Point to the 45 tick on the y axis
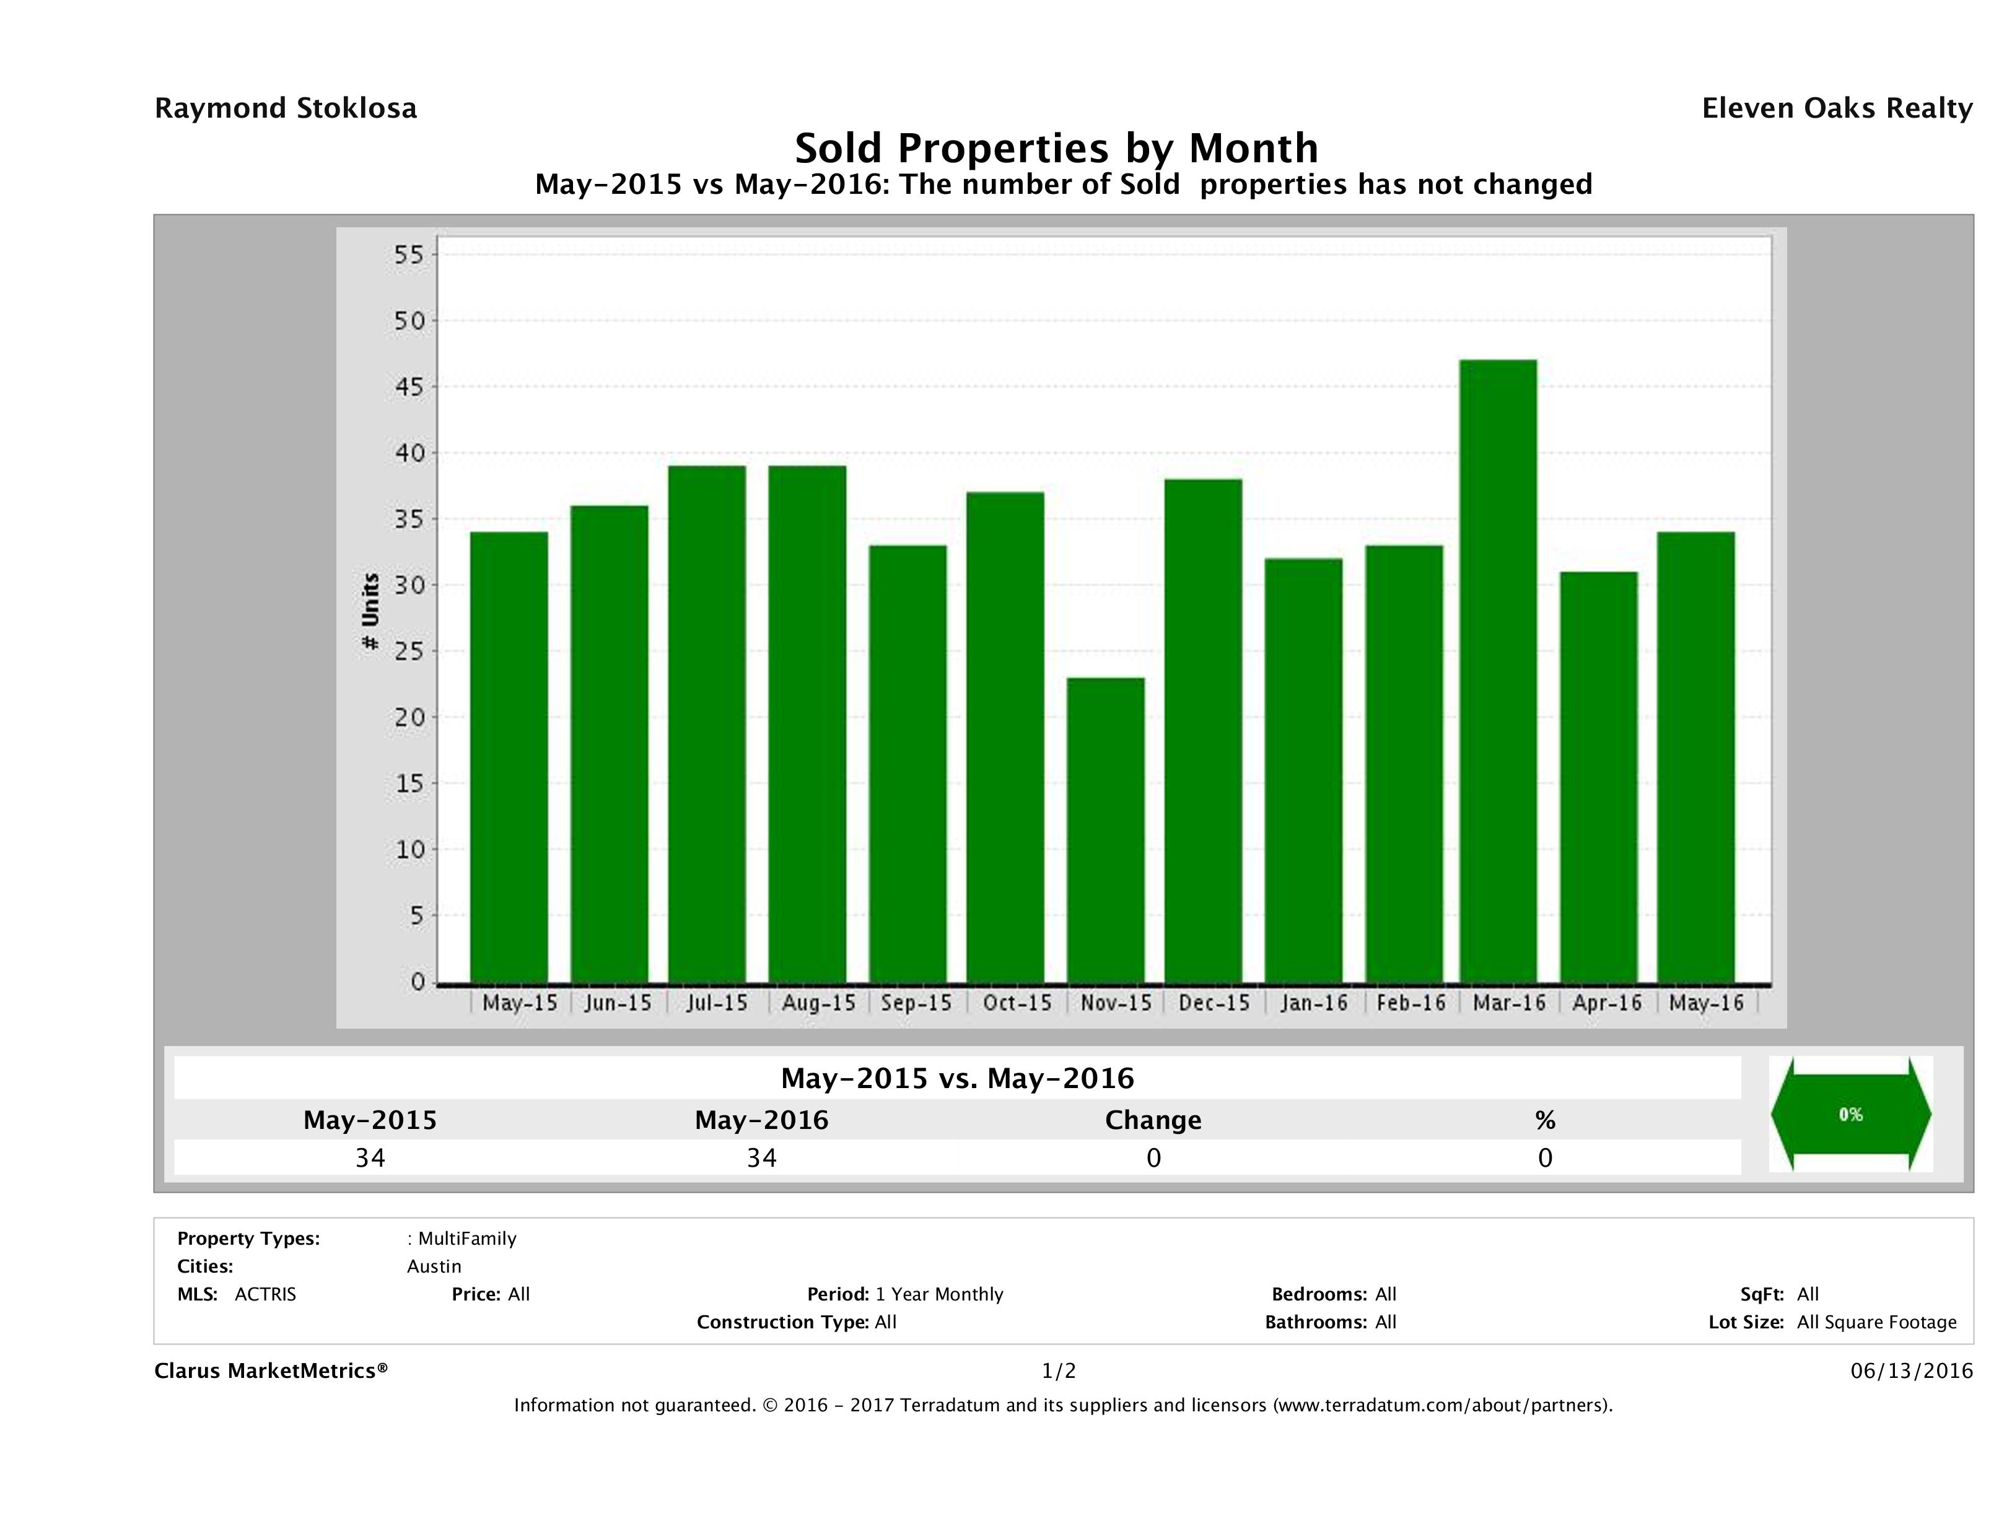pyautogui.click(x=408, y=386)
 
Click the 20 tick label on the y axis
pyautogui.click(x=408, y=717)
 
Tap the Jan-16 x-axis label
pyautogui.click(x=1313, y=1003)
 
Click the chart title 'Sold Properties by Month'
pyautogui.click(x=1056, y=147)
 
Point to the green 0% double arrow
pyautogui.click(x=1850, y=1114)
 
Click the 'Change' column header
pyautogui.click(x=1153, y=1120)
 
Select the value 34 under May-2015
pyautogui.click(x=370, y=1157)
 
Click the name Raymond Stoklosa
pyautogui.click(x=286, y=108)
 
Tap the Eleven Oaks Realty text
pyautogui.click(x=1836, y=108)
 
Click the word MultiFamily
pyautogui.click(x=467, y=1239)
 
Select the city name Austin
pyautogui.click(x=434, y=1266)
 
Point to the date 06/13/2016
pyautogui.click(x=1911, y=1370)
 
